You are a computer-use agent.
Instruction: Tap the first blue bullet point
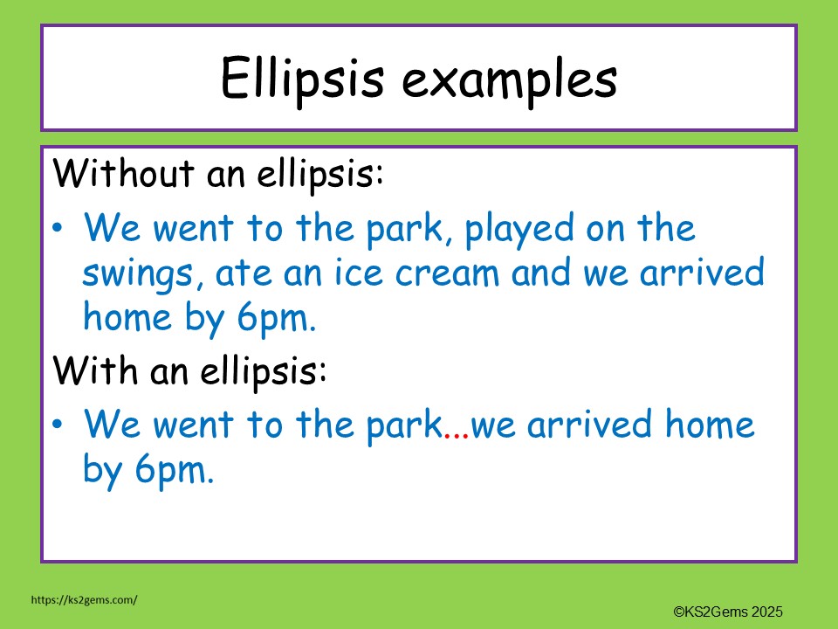58,229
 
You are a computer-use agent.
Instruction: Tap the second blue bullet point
58,425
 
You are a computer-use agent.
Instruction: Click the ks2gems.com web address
84,600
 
